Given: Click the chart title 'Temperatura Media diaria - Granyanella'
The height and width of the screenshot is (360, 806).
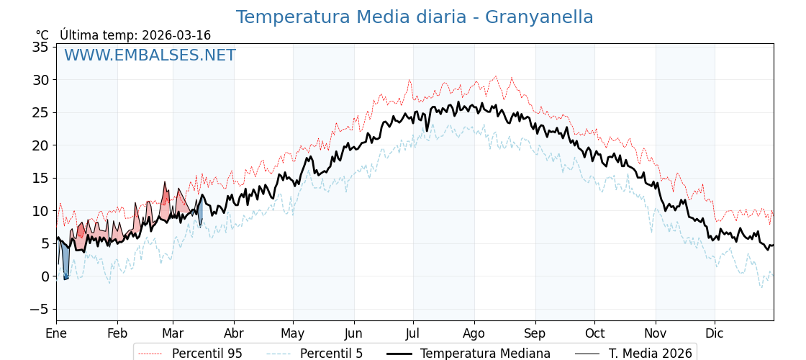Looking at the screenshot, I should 415,17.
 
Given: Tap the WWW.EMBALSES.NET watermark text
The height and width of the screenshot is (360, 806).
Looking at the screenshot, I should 150,55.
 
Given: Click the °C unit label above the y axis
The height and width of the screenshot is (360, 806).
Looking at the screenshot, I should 42,35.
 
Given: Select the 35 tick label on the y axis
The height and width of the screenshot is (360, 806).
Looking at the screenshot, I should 40,47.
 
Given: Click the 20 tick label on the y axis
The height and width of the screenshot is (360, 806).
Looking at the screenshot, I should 40,145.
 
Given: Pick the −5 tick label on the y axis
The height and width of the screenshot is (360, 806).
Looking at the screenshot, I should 37,310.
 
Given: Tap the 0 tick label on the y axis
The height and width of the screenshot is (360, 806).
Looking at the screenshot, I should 45,276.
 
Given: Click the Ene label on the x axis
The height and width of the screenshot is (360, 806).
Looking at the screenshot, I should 56,333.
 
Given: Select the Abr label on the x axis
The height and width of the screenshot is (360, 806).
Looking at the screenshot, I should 234,333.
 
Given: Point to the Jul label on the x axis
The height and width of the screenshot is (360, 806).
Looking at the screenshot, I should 413,333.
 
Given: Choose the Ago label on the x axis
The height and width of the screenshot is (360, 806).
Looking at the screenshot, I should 474,333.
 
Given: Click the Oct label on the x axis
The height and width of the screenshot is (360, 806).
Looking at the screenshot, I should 594,333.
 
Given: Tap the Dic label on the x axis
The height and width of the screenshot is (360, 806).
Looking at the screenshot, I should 715,333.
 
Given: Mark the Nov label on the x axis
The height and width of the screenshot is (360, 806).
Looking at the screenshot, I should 656,333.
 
